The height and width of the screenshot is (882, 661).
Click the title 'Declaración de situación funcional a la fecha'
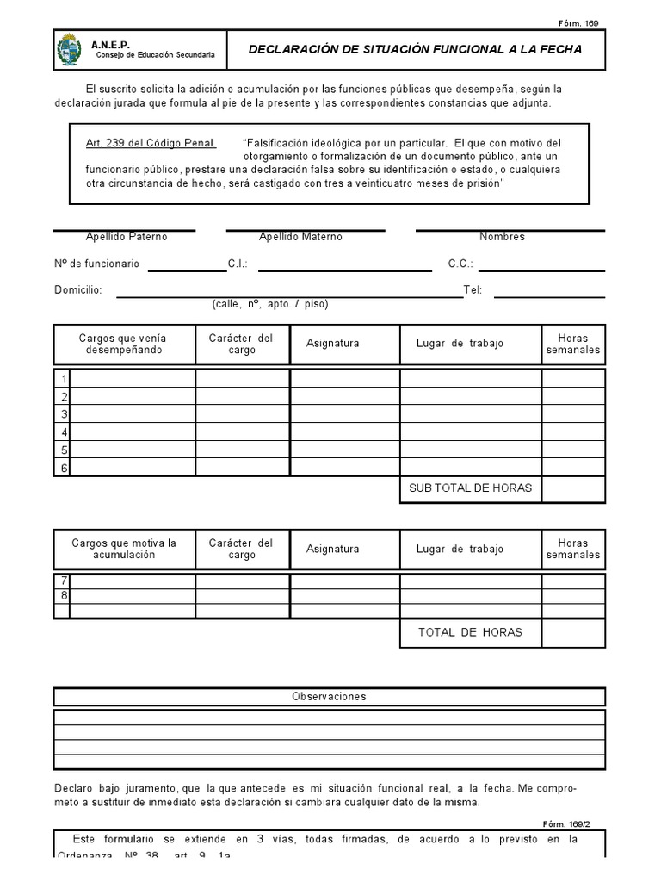[x=415, y=50]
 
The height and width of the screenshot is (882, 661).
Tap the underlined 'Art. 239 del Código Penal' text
[x=151, y=142]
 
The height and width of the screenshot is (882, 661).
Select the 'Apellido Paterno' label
[x=127, y=237]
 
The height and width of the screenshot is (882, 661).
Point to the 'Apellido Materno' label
[x=300, y=237]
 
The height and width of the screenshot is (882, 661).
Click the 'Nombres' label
[x=502, y=237]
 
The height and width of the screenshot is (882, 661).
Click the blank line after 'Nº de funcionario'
[x=187, y=268]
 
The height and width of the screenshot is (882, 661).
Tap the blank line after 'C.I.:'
[x=344, y=268]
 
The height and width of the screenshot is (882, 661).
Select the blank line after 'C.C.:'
[x=541, y=268]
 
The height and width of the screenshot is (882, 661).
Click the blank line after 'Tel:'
[x=549, y=295]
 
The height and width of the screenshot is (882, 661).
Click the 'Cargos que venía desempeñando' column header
[x=123, y=344]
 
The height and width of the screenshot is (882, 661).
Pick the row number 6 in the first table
[x=63, y=468]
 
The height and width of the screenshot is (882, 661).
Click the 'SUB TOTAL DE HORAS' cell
[x=470, y=488]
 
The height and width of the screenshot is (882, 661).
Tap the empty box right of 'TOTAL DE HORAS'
[x=573, y=633]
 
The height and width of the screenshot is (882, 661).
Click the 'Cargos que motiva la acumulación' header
[x=124, y=549]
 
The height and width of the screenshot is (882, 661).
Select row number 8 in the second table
[x=63, y=595]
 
